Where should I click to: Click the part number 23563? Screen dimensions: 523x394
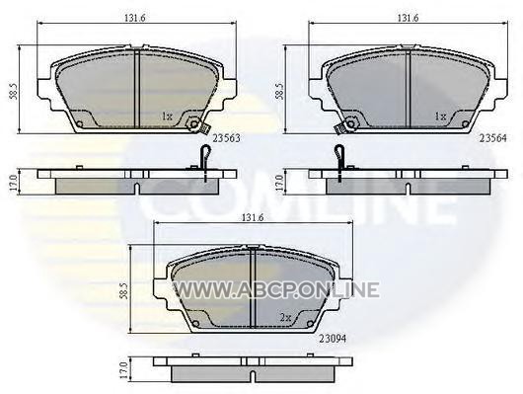[227, 138]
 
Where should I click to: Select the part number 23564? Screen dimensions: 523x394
[493, 138]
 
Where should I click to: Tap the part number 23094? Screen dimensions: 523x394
[333, 339]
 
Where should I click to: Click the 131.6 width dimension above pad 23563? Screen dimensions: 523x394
[135, 18]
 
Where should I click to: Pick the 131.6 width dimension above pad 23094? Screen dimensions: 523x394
[253, 217]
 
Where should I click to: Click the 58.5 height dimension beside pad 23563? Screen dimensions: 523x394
[14, 91]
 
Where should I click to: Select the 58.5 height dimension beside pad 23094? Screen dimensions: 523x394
[125, 290]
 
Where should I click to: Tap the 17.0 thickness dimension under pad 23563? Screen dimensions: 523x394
[14, 182]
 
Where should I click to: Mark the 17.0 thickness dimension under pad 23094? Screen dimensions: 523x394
[124, 370]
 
